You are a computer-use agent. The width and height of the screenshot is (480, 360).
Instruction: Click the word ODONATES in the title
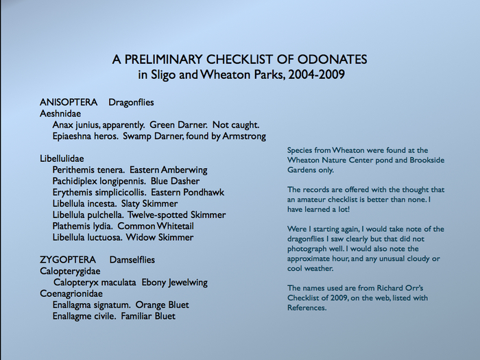(329, 60)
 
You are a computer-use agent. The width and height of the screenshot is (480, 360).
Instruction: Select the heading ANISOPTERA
(69, 102)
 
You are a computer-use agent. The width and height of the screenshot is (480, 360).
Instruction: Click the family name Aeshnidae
(60, 113)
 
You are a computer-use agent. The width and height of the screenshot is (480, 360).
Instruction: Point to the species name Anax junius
(78, 125)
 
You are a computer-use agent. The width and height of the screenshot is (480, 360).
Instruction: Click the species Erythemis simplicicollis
(99, 193)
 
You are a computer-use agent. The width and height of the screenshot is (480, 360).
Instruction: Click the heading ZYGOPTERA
(67, 260)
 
